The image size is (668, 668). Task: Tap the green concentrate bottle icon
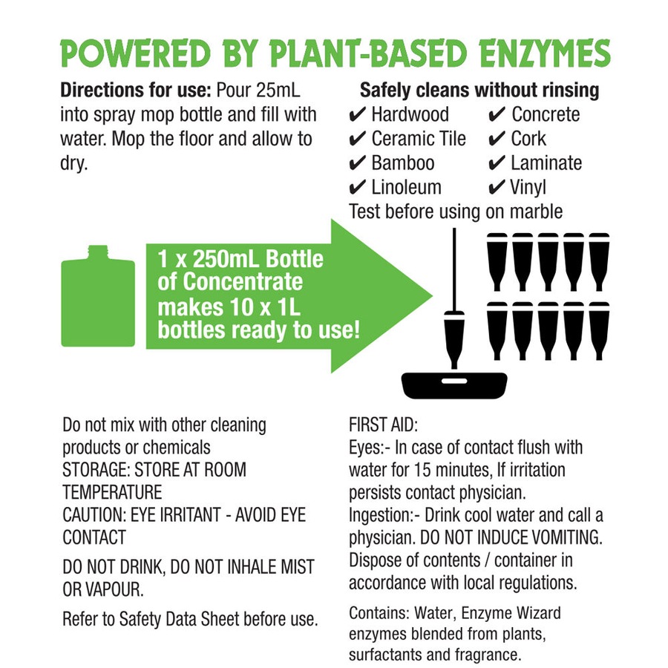pyautogui.click(x=98, y=296)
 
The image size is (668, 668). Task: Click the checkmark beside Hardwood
pyautogui.click(x=356, y=115)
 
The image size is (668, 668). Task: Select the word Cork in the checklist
pyautogui.click(x=528, y=139)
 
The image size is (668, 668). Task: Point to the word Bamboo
pyautogui.click(x=402, y=163)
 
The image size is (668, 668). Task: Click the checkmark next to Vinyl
pyautogui.click(x=497, y=188)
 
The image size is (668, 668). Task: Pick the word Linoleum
pyautogui.click(x=406, y=188)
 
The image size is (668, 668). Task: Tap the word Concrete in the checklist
pyautogui.click(x=546, y=114)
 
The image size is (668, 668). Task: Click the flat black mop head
pyautogui.click(x=454, y=385)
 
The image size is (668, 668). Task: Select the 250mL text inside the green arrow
pyautogui.click(x=225, y=259)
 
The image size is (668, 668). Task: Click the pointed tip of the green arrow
pyautogui.click(x=432, y=295)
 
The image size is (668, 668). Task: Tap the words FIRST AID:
pyautogui.click(x=383, y=425)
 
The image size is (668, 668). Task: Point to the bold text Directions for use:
pyautogui.click(x=136, y=91)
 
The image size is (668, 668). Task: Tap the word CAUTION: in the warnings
pyautogui.click(x=94, y=515)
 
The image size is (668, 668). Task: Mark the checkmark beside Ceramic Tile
pyautogui.click(x=356, y=140)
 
